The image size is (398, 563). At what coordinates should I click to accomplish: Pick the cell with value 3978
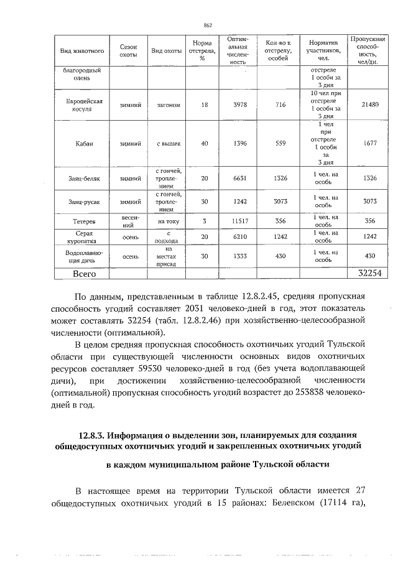pos(239,105)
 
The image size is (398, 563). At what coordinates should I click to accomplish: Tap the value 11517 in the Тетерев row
pos(239,221)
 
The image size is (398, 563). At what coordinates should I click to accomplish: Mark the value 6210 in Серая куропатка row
pos(239,237)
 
